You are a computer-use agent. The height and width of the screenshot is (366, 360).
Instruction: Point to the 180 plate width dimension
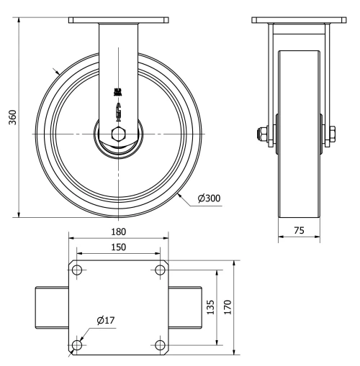pos(119,232)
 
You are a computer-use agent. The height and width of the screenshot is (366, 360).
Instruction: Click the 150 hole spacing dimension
pos(119,247)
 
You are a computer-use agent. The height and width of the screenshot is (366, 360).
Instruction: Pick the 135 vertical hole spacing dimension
pos(210,307)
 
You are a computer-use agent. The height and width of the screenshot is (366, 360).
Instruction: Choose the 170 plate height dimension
pos(227,307)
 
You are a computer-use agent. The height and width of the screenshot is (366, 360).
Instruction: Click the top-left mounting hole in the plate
pos(78,270)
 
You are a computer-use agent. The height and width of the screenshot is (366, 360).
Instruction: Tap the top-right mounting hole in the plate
pos(160,270)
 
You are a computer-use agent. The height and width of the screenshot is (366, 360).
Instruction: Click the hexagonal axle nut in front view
pos(120,134)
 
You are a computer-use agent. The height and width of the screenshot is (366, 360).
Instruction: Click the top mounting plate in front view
pos(119,22)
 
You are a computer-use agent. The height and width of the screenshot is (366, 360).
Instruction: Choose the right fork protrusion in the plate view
pos(186,307)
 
